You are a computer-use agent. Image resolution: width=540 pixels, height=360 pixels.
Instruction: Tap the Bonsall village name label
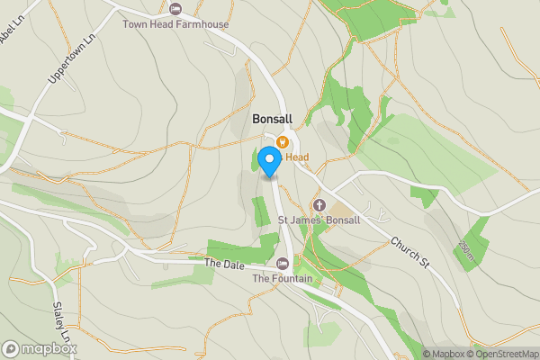tap(272, 119)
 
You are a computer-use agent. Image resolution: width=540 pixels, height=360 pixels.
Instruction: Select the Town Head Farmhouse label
tap(175, 23)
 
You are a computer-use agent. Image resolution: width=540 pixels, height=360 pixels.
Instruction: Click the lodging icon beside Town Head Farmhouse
tap(175, 9)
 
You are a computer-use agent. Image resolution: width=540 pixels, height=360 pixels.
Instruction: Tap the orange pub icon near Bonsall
tap(283, 141)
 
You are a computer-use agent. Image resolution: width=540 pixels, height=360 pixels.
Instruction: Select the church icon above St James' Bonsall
tap(319, 204)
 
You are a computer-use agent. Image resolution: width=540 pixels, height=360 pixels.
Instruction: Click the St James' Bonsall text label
tap(319, 220)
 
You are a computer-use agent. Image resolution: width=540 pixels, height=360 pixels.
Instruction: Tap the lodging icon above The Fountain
tap(283, 264)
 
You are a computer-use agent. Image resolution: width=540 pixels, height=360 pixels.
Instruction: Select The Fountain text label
tap(283, 279)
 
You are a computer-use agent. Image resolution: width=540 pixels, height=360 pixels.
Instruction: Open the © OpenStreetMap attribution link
tap(501, 354)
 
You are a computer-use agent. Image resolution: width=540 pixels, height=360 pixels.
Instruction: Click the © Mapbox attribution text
tap(443, 354)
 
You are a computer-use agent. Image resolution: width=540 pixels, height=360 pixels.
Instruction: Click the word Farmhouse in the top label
tap(202, 23)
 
